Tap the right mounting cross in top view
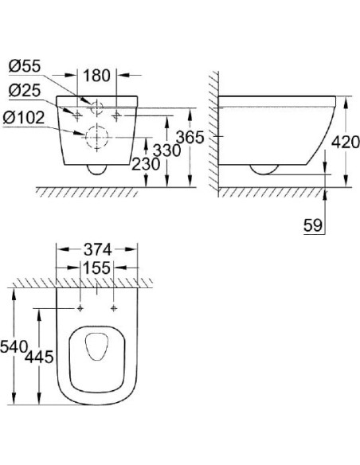tap(114, 307)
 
